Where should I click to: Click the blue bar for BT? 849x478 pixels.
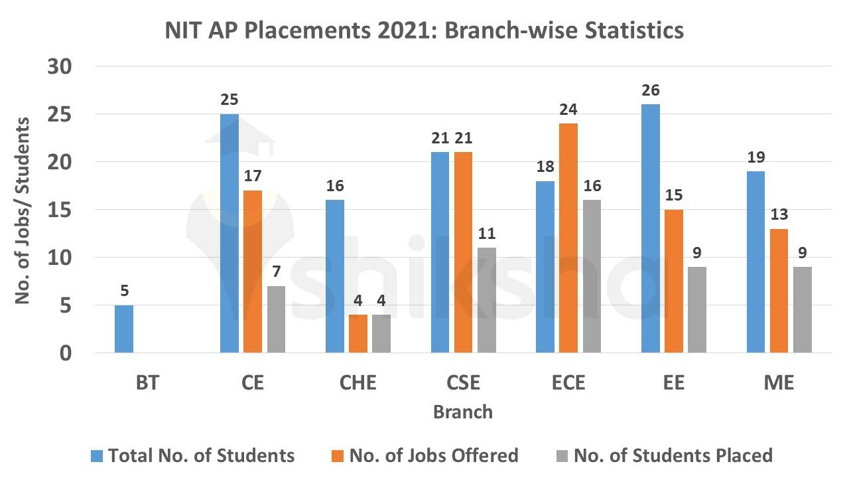click(x=124, y=329)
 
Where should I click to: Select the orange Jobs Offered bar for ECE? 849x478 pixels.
click(x=568, y=238)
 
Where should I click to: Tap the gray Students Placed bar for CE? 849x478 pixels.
click(x=275, y=319)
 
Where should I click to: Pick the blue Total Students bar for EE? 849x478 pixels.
click(x=651, y=228)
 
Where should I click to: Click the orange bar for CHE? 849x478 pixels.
click(x=358, y=333)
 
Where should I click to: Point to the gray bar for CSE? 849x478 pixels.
click(x=486, y=299)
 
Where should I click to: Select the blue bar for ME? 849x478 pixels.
click(x=756, y=262)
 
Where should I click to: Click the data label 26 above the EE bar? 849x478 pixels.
click(x=651, y=90)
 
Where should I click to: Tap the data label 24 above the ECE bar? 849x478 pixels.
click(x=568, y=110)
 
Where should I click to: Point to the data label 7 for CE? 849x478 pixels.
click(x=275, y=272)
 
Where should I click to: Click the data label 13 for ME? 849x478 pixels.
click(x=779, y=215)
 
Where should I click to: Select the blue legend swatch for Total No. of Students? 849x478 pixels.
click(x=98, y=456)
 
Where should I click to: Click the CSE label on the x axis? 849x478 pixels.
click(x=463, y=383)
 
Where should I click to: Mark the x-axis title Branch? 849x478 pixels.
click(x=463, y=412)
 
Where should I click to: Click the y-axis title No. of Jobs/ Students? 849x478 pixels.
click(x=23, y=211)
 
